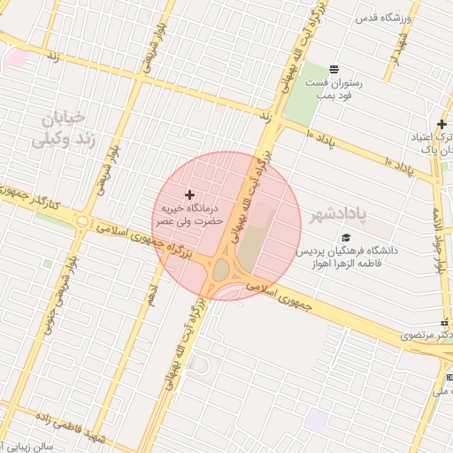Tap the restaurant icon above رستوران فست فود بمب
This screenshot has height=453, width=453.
(334, 69)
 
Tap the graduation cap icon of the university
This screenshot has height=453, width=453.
(347, 237)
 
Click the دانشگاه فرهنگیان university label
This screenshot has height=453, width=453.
(348, 257)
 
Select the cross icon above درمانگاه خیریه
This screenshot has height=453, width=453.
(189, 194)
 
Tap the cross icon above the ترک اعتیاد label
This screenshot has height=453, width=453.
(441, 124)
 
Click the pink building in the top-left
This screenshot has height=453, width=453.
(16, 58)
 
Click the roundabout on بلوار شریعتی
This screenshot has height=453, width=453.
(82, 221)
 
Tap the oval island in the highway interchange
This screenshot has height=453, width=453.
(221, 270)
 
